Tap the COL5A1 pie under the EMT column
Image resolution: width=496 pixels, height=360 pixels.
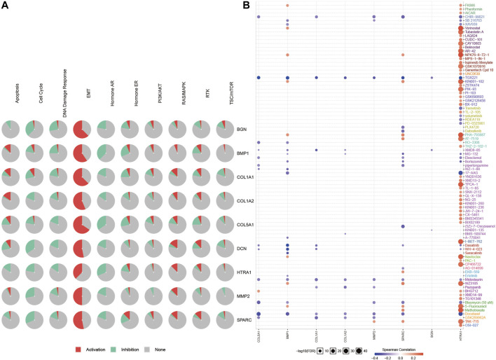click(83, 223)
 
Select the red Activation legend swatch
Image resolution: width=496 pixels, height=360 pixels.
click(79, 348)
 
